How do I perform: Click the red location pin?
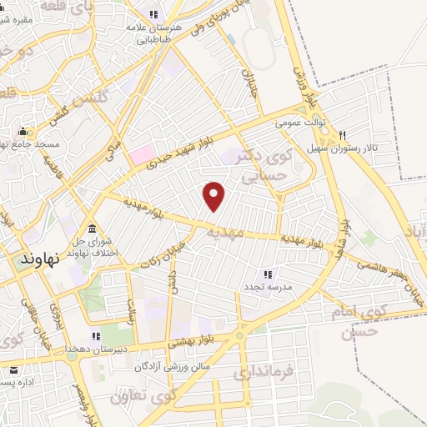coord(214,195)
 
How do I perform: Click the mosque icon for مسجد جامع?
coord(23,132)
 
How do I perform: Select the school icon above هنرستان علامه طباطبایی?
coord(153,14)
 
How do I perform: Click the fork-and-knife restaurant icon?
coord(342,137)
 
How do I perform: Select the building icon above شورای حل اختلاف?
coord(92,229)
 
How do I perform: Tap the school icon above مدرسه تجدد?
coord(268,274)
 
